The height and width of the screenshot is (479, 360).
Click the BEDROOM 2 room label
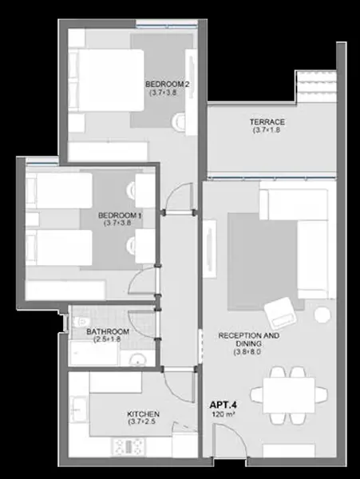point(167,84)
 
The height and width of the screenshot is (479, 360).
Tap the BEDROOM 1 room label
point(120,216)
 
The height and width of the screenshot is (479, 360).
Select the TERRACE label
point(267,122)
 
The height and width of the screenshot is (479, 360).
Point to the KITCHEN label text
point(143,414)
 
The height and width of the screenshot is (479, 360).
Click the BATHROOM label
point(108,332)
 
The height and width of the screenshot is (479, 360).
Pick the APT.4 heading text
point(224,405)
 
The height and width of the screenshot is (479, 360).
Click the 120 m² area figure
point(223,415)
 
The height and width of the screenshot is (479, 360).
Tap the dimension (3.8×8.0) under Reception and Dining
point(247,352)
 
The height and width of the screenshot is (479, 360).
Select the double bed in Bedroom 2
point(106,80)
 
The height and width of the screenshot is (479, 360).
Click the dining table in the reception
point(289,395)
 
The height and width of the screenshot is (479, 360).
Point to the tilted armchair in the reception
point(280,312)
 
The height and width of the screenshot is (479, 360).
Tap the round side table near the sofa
point(322,315)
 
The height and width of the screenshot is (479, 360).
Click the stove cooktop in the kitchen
point(129,447)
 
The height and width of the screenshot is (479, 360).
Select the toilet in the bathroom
point(81,322)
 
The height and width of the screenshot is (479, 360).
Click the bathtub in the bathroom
point(93,353)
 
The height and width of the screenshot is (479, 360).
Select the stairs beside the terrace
point(316,87)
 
